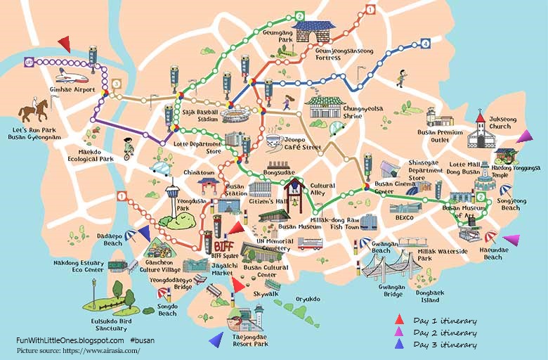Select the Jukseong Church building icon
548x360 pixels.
pos(481,129)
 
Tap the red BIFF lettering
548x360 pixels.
pos(223,245)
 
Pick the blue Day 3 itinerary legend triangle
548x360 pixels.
pos(399,344)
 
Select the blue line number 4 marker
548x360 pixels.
pos(425,44)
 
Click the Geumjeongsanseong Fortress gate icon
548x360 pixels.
pos(314,32)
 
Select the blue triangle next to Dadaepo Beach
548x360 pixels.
pos(143,233)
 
